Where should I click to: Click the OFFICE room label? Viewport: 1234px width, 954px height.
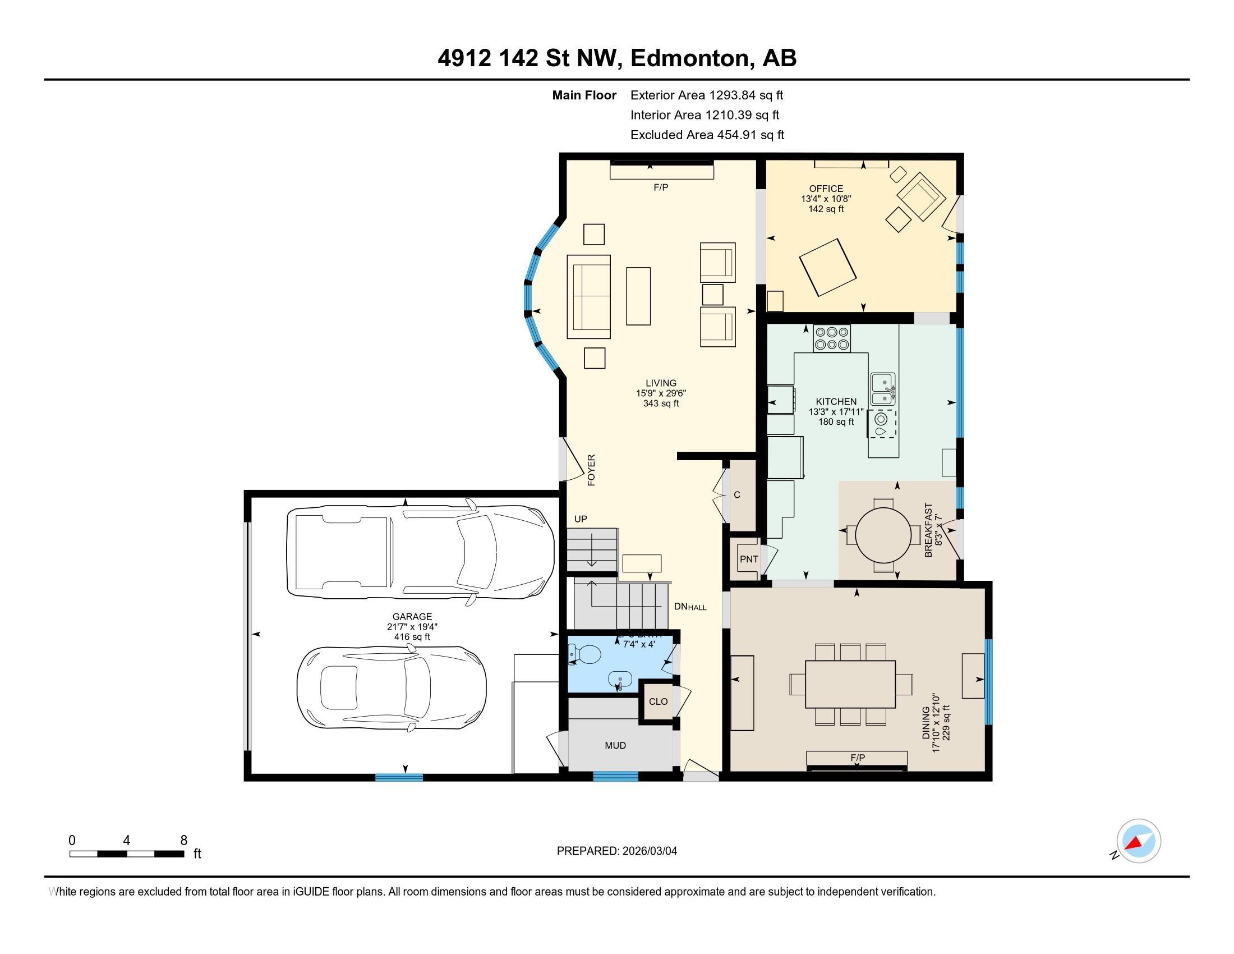(x=826, y=189)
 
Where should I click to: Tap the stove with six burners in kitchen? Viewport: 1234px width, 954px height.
(x=832, y=338)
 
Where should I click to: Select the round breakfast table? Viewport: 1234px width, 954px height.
(x=883, y=534)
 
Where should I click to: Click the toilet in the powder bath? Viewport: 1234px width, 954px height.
(x=587, y=655)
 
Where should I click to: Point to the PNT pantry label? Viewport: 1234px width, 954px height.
(x=749, y=559)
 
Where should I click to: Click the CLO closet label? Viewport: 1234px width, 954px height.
(x=659, y=701)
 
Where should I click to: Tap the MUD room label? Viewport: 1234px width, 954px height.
(x=615, y=745)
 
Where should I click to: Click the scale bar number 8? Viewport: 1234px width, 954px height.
(x=183, y=841)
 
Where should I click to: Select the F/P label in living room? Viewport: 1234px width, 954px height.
(x=661, y=187)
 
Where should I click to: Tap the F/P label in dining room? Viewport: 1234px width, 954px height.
(x=857, y=758)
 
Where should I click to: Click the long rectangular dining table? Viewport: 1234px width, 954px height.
(x=850, y=684)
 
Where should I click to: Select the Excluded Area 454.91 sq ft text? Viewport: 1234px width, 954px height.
(x=707, y=135)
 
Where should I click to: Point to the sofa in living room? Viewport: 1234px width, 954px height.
(x=589, y=297)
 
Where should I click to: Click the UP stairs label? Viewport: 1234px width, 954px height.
(x=581, y=519)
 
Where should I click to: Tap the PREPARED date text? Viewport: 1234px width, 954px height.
(x=616, y=851)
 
